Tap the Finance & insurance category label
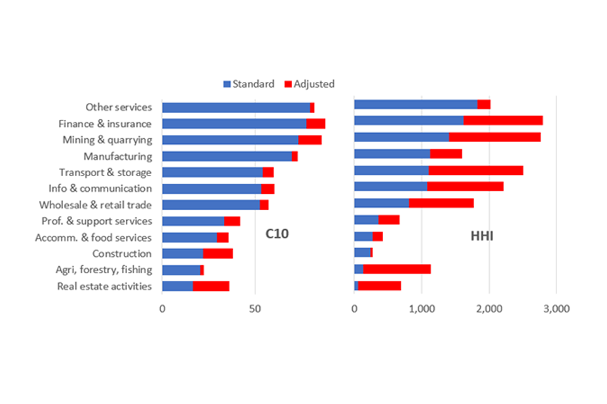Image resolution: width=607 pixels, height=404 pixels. click(105, 124)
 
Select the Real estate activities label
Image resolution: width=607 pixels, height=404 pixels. click(104, 286)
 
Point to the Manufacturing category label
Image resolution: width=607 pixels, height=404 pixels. click(118, 156)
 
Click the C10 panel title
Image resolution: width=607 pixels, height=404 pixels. click(277, 234)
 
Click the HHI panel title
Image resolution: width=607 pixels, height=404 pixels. click(482, 237)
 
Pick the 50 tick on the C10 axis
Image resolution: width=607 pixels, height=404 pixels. click(255, 309)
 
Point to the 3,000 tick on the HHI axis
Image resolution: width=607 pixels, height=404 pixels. click(556, 309)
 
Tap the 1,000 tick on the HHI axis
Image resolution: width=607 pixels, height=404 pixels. click(421, 309)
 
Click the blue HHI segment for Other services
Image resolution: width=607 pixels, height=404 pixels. click(415, 104)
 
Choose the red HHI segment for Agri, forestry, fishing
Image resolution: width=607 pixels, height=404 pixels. click(396, 270)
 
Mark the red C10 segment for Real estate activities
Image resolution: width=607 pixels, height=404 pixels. click(211, 286)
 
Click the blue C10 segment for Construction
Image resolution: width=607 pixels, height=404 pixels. click(183, 254)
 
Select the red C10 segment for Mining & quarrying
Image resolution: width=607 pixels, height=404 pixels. click(310, 140)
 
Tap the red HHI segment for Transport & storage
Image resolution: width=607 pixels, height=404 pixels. click(475, 170)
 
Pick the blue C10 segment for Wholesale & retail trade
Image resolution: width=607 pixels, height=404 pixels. click(211, 205)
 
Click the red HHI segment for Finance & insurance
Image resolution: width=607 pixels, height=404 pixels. click(503, 121)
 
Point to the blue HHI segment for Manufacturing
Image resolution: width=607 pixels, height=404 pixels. click(392, 153)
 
